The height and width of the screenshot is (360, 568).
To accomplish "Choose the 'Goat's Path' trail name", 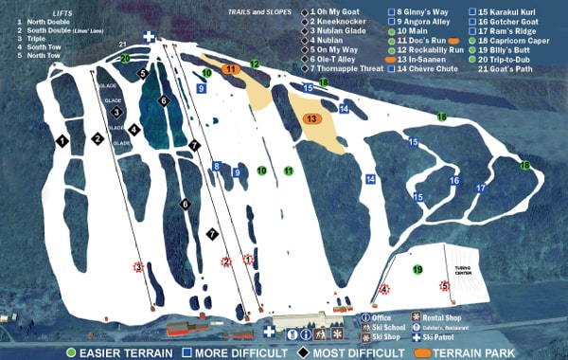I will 515,67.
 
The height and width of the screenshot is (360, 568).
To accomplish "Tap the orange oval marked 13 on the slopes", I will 313,119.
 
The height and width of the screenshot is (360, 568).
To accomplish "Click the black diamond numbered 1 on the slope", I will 62,140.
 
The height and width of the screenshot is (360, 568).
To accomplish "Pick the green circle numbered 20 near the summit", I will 126,58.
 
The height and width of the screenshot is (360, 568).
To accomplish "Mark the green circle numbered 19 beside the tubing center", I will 417,270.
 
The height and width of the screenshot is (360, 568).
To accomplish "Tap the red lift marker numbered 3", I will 138,267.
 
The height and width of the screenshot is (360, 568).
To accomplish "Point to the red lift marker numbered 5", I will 443,285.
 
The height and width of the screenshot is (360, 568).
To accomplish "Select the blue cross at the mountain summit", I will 149,36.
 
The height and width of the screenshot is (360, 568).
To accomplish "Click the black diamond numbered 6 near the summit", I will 163,99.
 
